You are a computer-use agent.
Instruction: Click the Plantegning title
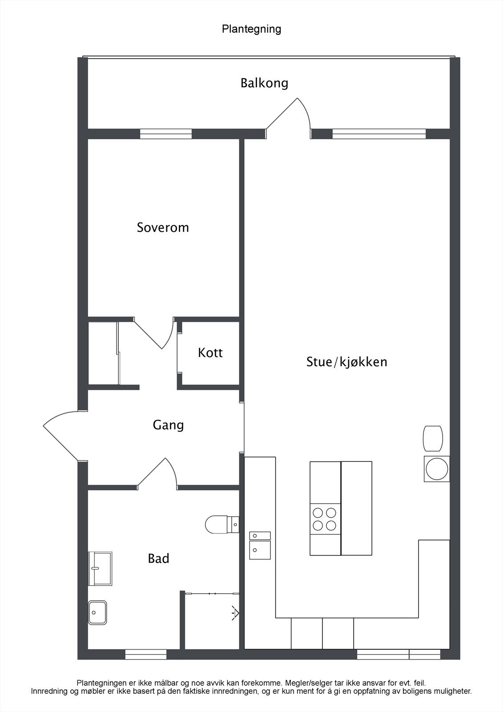251,29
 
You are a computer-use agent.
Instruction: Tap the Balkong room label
264,83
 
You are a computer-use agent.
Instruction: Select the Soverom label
163,227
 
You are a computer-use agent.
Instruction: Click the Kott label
210,353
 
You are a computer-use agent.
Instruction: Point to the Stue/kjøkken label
346,362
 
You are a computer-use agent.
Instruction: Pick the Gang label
168,425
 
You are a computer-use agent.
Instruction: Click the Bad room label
158,558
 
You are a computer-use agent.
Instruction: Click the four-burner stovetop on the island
324,519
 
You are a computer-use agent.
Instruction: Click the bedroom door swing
156,334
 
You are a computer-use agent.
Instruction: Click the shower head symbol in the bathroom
235,613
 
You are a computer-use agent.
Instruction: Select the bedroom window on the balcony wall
166,133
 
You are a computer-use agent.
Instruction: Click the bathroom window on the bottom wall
146,654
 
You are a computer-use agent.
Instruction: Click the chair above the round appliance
433,438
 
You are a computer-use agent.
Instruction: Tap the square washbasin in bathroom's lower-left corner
97,613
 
